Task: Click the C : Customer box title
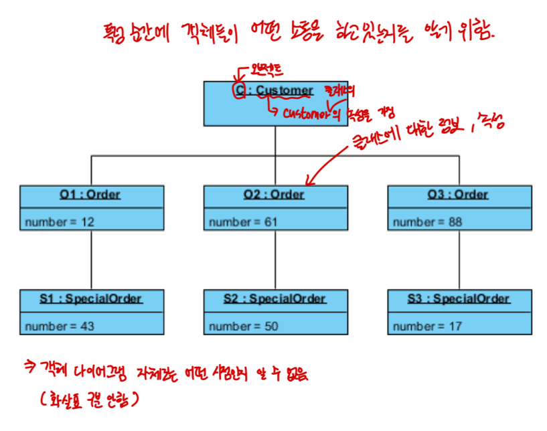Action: pyautogui.click(x=275, y=90)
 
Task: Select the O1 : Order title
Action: pyautogui.click(x=91, y=195)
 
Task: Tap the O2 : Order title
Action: pyautogui.click(x=275, y=195)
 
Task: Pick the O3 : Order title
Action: pyautogui.click(x=459, y=195)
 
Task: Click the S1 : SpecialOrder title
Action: pyautogui.click(x=91, y=299)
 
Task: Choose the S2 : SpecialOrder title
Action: pyautogui.click(x=275, y=299)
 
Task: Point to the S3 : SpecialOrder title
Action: pyautogui.click(x=459, y=299)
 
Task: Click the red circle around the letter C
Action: pyautogui.click(x=239, y=90)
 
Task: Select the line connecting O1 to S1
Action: pyautogui.click(x=91, y=260)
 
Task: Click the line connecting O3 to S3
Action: pyautogui.click(x=459, y=260)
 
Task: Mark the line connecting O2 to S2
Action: pyautogui.click(x=275, y=260)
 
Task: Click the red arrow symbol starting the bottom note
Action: pyautogui.click(x=30, y=366)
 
